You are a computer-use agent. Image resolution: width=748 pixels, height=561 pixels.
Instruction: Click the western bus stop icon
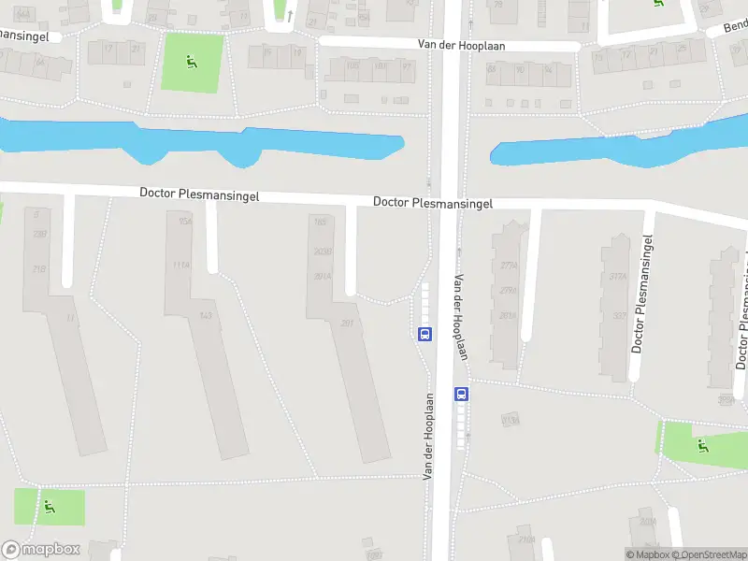pyautogui.click(x=424, y=334)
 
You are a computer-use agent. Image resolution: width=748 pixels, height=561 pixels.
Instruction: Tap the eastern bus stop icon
pyautogui.click(x=461, y=394)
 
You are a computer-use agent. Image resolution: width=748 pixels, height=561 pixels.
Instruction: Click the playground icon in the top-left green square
pyautogui.click(x=192, y=63)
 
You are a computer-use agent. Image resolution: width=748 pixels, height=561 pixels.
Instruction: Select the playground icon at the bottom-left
pyautogui.click(x=49, y=508)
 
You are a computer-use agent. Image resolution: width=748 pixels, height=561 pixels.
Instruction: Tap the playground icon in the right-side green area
pyautogui.click(x=702, y=445)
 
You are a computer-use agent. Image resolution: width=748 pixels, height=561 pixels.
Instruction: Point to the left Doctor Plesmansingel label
pyautogui.click(x=199, y=194)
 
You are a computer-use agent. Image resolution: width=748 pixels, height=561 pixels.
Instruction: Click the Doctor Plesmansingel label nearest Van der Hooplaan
pyautogui.click(x=433, y=202)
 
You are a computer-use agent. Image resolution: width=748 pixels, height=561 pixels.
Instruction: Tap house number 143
pyautogui.click(x=206, y=316)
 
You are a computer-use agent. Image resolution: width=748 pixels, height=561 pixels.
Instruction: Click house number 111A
pyautogui.click(x=181, y=266)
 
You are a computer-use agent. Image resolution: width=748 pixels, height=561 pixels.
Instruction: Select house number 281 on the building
pyautogui.click(x=347, y=324)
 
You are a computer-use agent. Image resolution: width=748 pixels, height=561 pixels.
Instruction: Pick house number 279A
pyautogui.click(x=509, y=290)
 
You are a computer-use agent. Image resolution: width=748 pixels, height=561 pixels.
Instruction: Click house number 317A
pyautogui.click(x=617, y=277)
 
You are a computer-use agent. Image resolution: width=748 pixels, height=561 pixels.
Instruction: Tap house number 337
pyautogui.click(x=619, y=315)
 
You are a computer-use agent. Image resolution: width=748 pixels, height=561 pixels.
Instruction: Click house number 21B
pyautogui.click(x=39, y=269)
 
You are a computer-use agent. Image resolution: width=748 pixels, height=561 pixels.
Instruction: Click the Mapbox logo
pyautogui.click(x=41, y=550)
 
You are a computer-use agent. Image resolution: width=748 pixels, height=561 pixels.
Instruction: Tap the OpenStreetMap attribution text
pyautogui.click(x=710, y=555)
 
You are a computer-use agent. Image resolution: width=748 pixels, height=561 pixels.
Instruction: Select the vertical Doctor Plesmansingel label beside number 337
pyautogui.click(x=642, y=295)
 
